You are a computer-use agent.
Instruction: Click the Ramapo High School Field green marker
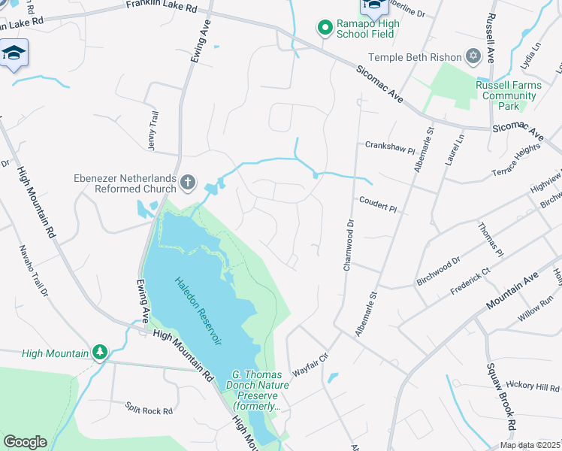(x=325, y=29)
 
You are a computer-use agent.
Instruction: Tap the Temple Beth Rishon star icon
(x=473, y=56)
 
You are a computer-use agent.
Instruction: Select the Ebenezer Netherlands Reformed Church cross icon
(x=188, y=182)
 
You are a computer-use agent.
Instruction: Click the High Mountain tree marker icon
(x=99, y=352)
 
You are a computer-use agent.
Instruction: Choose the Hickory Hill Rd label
(x=532, y=386)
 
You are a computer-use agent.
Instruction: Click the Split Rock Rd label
(x=150, y=411)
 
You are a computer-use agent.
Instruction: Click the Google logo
(x=25, y=442)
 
